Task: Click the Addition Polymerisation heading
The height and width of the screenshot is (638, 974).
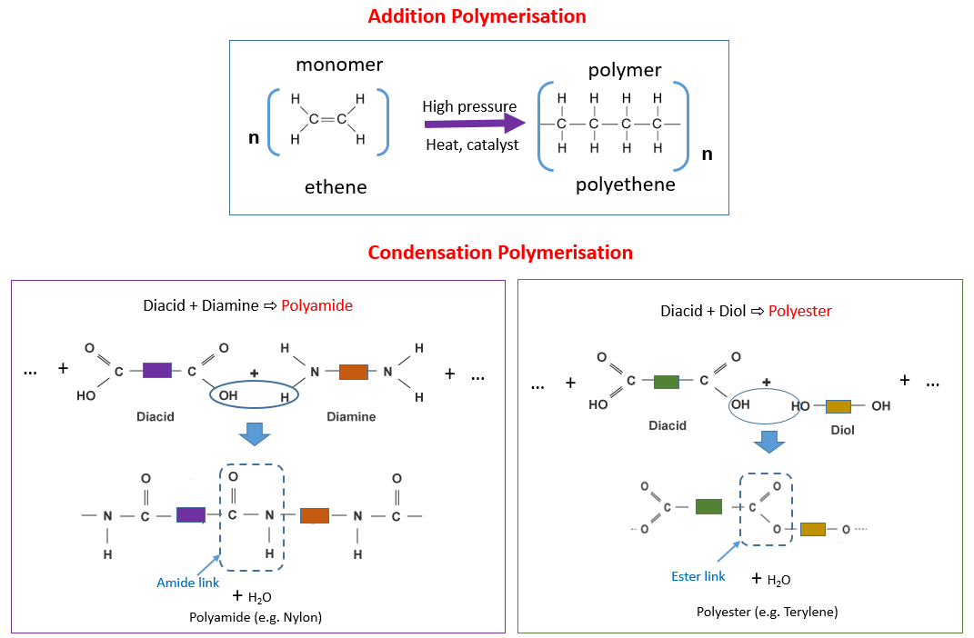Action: pyautogui.click(x=477, y=16)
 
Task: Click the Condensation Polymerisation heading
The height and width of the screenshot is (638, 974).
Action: pyautogui.click(x=500, y=253)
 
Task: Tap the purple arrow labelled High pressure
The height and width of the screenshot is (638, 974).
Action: pyautogui.click(x=474, y=125)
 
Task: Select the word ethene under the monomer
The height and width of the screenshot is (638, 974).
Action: pyautogui.click(x=336, y=187)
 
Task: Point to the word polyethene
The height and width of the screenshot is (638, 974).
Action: pyautogui.click(x=626, y=184)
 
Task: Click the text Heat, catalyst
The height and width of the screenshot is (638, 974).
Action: pyautogui.click(x=472, y=145)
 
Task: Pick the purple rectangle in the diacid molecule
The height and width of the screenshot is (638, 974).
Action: pyautogui.click(x=156, y=370)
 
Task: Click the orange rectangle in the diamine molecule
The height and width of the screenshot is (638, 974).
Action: pyautogui.click(x=353, y=371)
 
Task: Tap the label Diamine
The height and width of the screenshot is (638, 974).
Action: pyautogui.click(x=352, y=416)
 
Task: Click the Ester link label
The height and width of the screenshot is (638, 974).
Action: pyautogui.click(x=698, y=576)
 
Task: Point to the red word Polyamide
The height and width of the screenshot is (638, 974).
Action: pyautogui.click(x=316, y=305)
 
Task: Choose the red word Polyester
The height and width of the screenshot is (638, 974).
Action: pyautogui.click(x=800, y=311)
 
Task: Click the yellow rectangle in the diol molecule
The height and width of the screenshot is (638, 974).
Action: pyautogui.click(x=838, y=406)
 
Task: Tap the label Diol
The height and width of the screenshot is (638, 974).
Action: pyautogui.click(x=842, y=430)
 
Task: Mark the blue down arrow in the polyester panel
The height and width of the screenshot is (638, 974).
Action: pyautogui.click(x=770, y=441)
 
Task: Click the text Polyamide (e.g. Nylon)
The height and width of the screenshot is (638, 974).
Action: pyautogui.click(x=256, y=617)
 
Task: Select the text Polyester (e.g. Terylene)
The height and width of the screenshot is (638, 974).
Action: pyautogui.click(x=767, y=612)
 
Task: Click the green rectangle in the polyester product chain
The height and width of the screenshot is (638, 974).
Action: pyautogui.click(x=708, y=506)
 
